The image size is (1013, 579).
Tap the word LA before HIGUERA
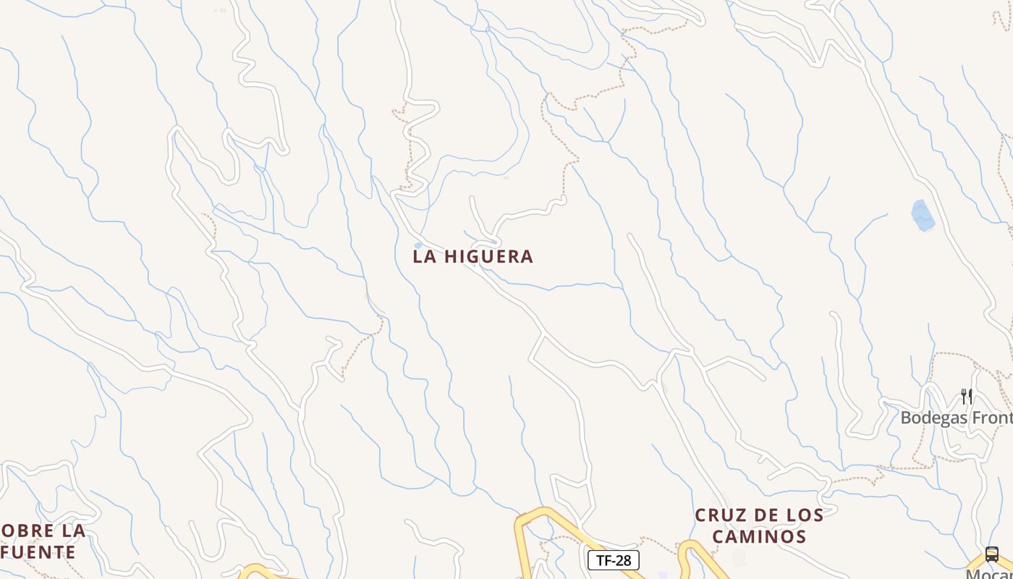coord(423,256)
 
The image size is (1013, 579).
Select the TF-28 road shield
coord(613,560)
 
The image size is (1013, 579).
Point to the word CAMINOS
coord(759,537)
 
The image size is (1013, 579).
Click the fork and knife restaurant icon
coord(967,396)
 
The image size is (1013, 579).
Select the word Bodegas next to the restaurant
coord(931,418)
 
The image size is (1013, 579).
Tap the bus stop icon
coord(992,554)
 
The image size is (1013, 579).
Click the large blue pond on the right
coord(923,215)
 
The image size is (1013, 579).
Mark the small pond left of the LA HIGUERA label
coord(418,245)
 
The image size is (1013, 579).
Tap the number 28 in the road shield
coord(624,560)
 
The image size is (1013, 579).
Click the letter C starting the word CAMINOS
coord(719,537)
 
